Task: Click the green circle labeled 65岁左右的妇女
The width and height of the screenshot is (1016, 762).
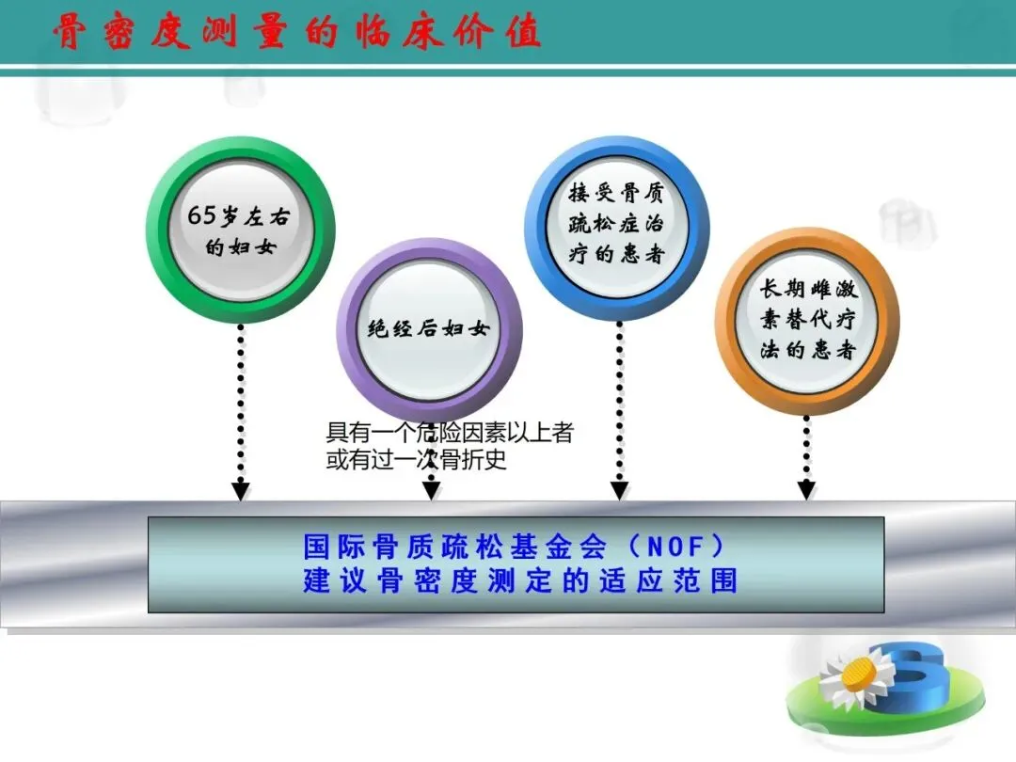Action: coord(241,230)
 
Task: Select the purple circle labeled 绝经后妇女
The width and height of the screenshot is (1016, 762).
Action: coord(429,330)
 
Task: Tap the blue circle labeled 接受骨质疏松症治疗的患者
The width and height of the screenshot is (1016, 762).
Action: coord(616,224)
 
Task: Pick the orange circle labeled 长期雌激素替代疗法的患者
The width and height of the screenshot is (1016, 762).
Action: coord(807,321)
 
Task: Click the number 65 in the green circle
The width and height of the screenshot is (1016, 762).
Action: coord(202,214)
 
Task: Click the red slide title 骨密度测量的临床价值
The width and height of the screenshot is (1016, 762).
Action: coord(296,32)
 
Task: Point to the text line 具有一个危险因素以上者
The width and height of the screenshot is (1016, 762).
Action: coord(450,434)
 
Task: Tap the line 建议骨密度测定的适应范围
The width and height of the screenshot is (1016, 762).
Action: coord(519,580)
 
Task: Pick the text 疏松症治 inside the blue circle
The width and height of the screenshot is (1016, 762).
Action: coord(617,224)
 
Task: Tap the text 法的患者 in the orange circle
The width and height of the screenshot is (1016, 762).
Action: coord(807,350)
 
